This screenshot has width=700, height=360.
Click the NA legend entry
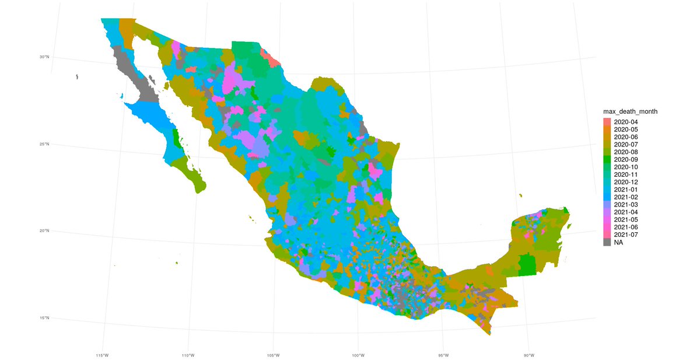618,242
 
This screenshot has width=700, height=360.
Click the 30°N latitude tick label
44,57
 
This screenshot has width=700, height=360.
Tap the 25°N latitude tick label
44,144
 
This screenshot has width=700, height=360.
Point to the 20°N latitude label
44,231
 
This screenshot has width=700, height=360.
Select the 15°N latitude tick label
44,318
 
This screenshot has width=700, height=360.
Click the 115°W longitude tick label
102,355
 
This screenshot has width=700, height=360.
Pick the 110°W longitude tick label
187,355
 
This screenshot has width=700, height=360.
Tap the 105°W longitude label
272,355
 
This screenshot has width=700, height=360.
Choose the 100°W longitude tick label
358,355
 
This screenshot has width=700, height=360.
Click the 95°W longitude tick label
443,355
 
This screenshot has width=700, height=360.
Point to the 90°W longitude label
528,355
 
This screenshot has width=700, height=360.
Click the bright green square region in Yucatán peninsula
527,263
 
